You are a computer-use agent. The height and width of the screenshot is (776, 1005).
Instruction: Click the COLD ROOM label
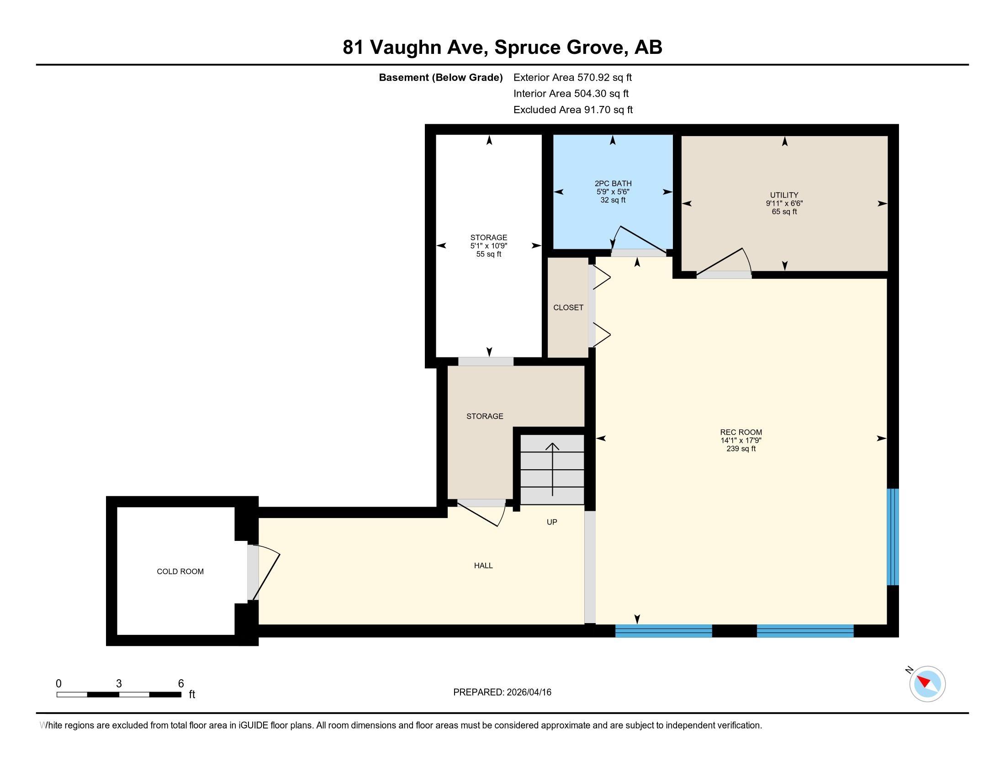(x=180, y=572)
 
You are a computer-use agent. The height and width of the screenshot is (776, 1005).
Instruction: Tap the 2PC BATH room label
(x=613, y=184)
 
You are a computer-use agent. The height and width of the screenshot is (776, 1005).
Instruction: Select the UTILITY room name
(x=784, y=195)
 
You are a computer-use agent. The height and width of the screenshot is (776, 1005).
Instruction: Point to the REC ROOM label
(x=741, y=432)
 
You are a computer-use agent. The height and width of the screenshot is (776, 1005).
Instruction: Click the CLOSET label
(x=568, y=308)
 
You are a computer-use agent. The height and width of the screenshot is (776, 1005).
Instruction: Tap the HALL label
(x=483, y=566)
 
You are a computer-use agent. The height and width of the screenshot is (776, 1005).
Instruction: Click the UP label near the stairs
(x=552, y=522)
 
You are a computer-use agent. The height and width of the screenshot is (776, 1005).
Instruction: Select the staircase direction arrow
(x=552, y=469)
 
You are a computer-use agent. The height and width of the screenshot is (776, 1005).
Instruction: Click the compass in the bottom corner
(x=927, y=684)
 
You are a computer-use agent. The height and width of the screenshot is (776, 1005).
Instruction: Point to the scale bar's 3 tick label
(x=119, y=684)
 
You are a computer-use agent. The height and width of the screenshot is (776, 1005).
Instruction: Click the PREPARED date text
(x=502, y=692)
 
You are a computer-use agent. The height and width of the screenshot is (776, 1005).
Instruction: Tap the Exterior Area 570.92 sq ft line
(x=572, y=77)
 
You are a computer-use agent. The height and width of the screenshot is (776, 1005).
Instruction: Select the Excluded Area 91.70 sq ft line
(x=573, y=110)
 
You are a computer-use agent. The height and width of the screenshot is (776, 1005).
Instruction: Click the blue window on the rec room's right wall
(x=892, y=536)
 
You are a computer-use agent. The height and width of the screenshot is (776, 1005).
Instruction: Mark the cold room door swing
(x=264, y=572)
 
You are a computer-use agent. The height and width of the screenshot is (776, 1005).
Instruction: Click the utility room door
(x=724, y=263)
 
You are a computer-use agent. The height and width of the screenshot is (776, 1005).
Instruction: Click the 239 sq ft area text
(x=741, y=449)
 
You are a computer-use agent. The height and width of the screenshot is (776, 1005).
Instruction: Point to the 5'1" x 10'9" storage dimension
(x=489, y=246)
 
